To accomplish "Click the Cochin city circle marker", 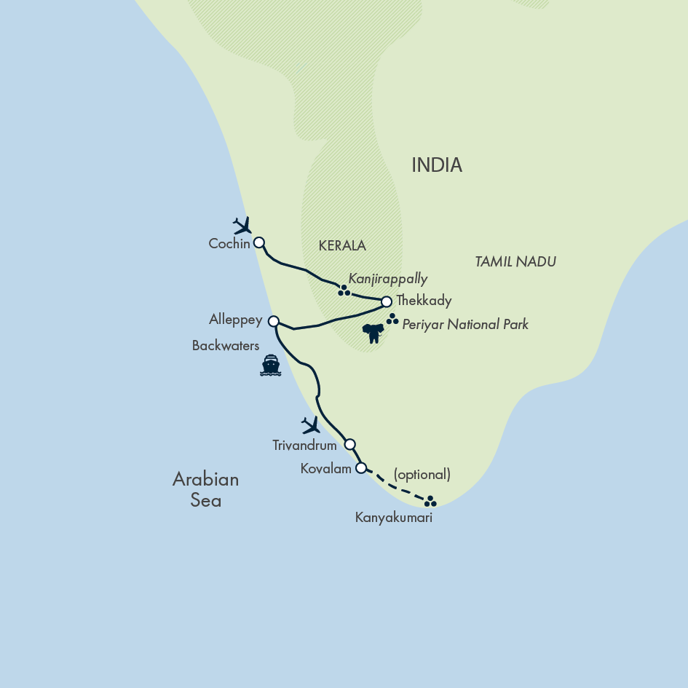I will tap(258, 242).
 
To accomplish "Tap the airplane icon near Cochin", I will tap(242, 225).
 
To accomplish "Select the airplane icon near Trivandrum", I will tap(312, 425).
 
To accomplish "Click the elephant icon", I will tap(373, 333).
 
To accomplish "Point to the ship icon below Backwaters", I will tap(271, 365).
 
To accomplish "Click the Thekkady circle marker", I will tap(387, 301).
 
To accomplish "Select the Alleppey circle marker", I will tap(274, 321).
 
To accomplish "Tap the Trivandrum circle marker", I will tap(349, 444).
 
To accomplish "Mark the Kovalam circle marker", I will tap(360, 468).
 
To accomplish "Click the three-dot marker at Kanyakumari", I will tap(430, 501).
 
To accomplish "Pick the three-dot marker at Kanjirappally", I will tap(344, 290).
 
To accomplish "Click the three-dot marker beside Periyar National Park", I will tap(392, 319).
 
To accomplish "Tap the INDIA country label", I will tap(437, 165).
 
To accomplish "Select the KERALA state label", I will tap(342, 246).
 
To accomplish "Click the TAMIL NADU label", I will tap(515, 261).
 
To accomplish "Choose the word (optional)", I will tap(422, 475).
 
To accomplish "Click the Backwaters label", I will tap(226, 346).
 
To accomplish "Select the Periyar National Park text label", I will tap(465, 325).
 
